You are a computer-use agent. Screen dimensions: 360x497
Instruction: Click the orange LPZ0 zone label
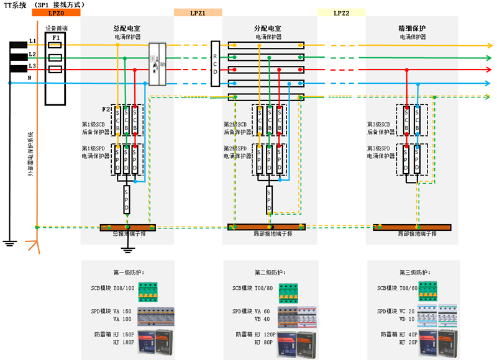56,12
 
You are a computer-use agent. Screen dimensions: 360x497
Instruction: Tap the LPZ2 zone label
341,12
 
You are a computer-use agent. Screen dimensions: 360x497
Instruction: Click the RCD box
215,63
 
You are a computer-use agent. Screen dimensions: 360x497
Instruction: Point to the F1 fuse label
57,38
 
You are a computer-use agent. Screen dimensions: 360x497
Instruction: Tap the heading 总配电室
128,29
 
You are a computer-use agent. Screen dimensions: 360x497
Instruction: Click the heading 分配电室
268,29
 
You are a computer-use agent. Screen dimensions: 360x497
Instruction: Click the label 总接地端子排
128,233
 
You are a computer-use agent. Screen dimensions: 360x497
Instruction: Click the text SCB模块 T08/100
112,288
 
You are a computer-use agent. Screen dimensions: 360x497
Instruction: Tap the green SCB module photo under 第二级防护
289,292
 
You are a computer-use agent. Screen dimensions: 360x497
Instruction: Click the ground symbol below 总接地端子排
128,250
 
